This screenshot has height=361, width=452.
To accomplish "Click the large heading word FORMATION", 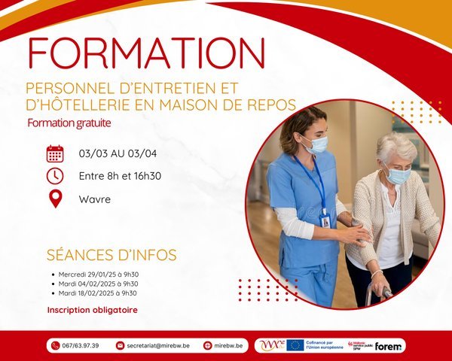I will pyautogui.click(x=146, y=53).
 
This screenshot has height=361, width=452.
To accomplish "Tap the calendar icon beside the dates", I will pyautogui.click(x=55, y=153).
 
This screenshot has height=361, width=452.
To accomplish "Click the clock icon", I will pyautogui.click(x=55, y=176).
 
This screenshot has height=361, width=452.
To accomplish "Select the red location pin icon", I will pyautogui.click(x=55, y=199).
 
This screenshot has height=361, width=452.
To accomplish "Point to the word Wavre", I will pyautogui.click(x=95, y=199).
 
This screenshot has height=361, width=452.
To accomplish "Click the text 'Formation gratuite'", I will pyautogui.click(x=69, y=122).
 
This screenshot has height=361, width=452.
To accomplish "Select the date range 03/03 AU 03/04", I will pyautogui.click(x=118, y=153).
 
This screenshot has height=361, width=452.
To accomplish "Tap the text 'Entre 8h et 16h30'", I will pyautogui.click(x=120, y=176).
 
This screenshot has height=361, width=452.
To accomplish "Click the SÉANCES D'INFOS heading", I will pyautogui.click(x=111, y=255).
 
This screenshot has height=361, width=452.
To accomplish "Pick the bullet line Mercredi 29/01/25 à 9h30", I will pyautogui.click(x=97, y=275).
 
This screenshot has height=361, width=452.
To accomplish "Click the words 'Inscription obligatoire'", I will pyautogui.click(x=92, y=309).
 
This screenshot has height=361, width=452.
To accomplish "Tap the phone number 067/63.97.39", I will pyautogui.click(x=79, y=345).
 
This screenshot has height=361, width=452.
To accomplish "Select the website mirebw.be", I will pyautogui.click(x=229, y=345).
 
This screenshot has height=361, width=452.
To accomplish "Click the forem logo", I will pyautogui.click(x=389, y=345).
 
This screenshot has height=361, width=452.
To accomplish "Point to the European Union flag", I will pyautogui.click(x=295, y=345).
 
